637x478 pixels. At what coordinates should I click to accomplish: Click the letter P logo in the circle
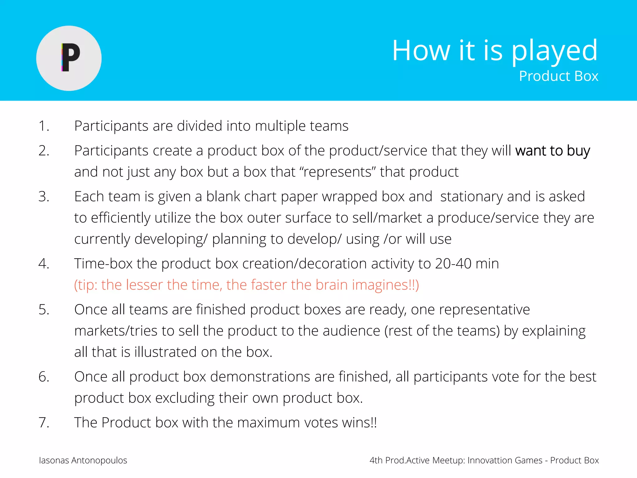tap(70, 58)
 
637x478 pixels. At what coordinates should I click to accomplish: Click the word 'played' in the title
tap(554, 51)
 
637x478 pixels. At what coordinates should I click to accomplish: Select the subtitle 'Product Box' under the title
tap(558, 76)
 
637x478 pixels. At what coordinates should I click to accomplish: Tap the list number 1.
tap(44, 126)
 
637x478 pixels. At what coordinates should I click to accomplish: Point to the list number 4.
tap(44, 264)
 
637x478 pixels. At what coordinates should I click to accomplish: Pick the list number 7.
tap(44, 423)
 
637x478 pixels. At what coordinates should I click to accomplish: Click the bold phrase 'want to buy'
tap(552, 151)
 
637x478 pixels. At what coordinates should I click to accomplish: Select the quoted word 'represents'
tap(337, 172)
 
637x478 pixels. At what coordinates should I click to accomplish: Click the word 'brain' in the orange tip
tap(331, 285)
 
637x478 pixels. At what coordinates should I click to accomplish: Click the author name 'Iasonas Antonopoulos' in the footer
tap(83, 460)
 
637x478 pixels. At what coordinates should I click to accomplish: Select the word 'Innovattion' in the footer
tap(490, 460)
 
